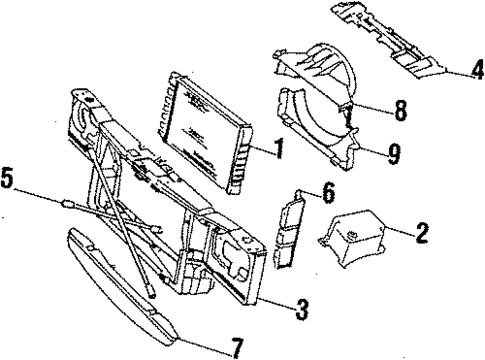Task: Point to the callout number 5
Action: pyautogui.click(x=8, y=182)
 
